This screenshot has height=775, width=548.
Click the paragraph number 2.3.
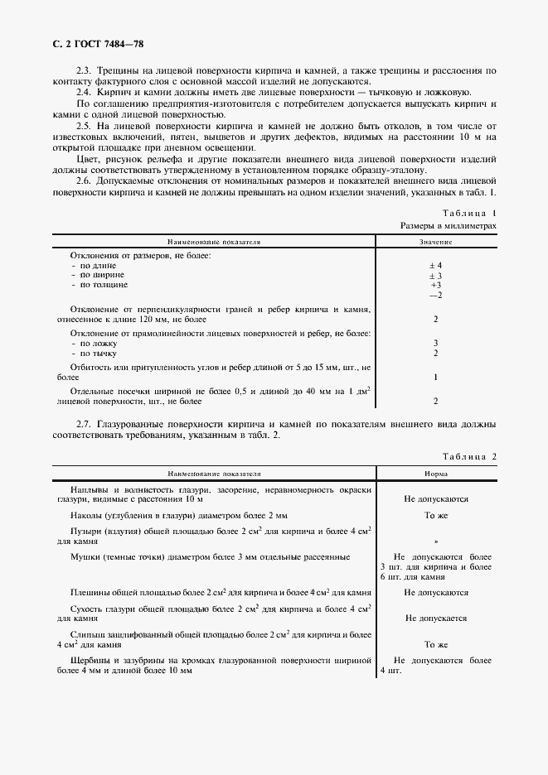tap(84, 73)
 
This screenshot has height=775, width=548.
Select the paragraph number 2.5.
tap(84, 124)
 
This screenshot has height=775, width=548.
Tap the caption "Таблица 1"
tap(470, 213)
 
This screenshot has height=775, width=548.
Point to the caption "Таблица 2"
tap(470, 456)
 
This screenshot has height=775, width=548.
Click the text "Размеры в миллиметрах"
tap(449, 225)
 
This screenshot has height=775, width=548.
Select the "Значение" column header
tap(435, 243)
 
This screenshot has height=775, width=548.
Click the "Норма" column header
tap(435, 474)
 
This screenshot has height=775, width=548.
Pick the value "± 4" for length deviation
tap(435, 265)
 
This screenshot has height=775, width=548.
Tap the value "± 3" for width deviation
tap(435, 275)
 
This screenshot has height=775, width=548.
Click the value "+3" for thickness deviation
tap(436, 285)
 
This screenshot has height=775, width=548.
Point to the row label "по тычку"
tap(91, 353)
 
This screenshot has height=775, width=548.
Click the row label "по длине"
tap(90, 265)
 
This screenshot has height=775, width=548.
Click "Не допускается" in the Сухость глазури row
tap(436, 619)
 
